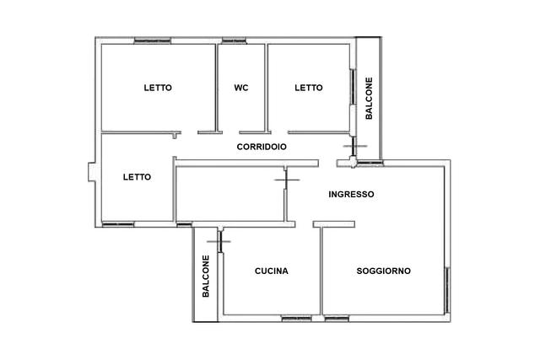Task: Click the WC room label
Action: click(x=241, y=88)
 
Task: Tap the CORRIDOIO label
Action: click(x=262, y=147)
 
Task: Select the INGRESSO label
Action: click(x=351, y=195)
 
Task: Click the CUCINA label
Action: click(x=272, y=271)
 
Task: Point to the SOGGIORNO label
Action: click(x=384, y=271)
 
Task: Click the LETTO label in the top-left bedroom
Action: click(x=158, y=88)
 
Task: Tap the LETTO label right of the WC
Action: click(x=309, y=88)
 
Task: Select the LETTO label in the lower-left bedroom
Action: click(x=137, y=177)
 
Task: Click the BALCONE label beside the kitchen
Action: click(x=206, y=276)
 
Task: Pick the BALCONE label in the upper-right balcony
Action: click(x=369, y=99)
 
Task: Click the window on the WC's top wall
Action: click(x=235, y=40)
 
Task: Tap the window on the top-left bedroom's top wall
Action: click(x=152, y=40)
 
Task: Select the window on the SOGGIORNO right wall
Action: click(x=447, y=290)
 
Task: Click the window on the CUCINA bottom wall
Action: click(x=296, y=319)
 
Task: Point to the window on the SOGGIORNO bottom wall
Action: click(x=337, y=319)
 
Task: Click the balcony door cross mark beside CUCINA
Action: click(x=219, y=242)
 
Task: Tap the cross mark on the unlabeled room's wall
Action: click(x=287, y=180)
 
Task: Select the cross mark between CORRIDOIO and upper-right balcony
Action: click(x=354, y=146)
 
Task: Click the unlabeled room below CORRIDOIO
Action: click(x=230, y=194)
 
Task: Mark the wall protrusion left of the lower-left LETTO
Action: click(x=92, y=172)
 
